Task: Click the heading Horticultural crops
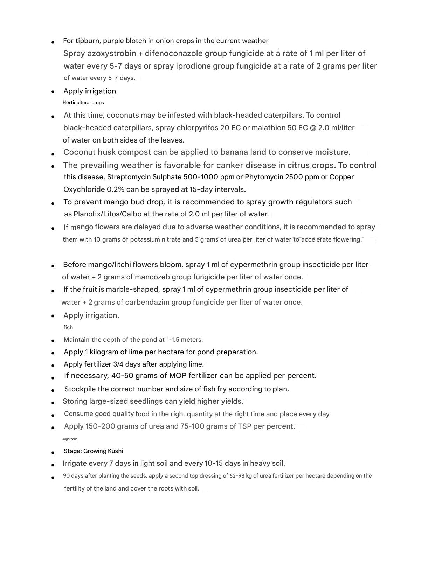coord(83,103)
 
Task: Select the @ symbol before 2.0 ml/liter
coord(313,128)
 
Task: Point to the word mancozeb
coord(152,277)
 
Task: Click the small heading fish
coord(68,328)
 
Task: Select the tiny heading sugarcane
coord(70,439)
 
